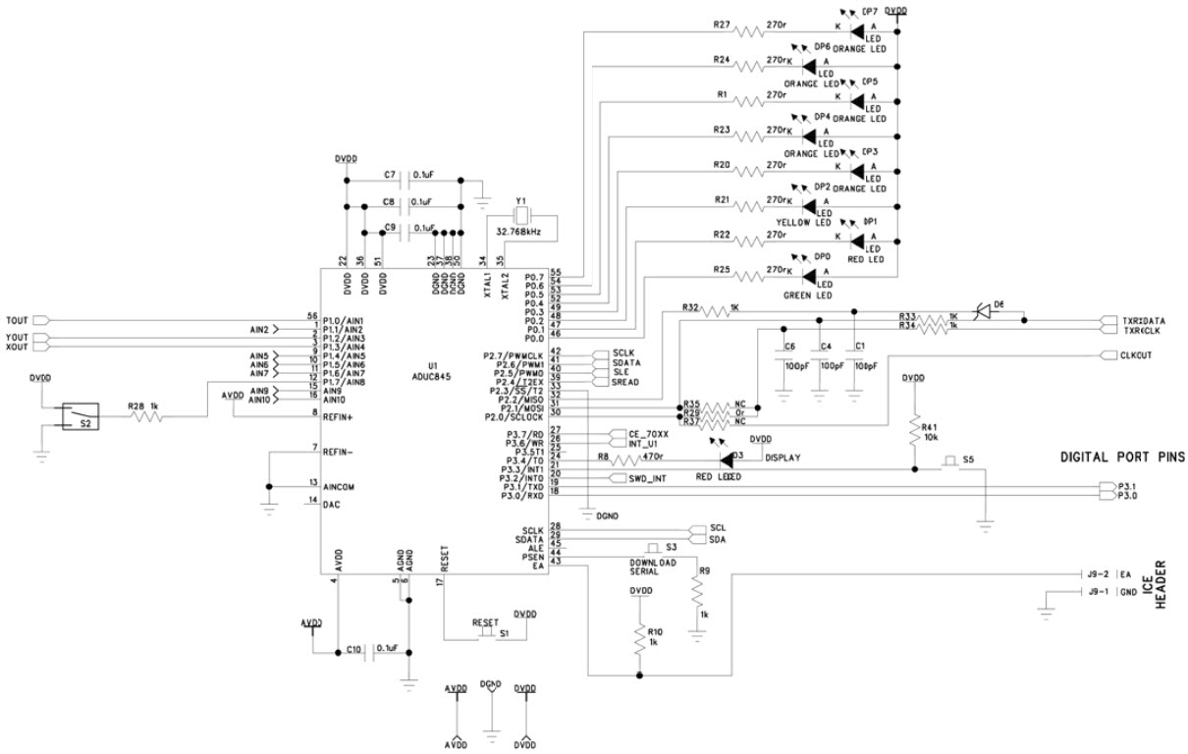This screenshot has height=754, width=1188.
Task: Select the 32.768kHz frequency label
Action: click(521, 233)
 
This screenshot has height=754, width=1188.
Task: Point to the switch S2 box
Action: click(80, 416)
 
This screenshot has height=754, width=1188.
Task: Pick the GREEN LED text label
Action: click(808, 296)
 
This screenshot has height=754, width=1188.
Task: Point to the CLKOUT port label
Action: click(1135, 355)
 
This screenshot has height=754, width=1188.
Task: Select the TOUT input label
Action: click(18, 320)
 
